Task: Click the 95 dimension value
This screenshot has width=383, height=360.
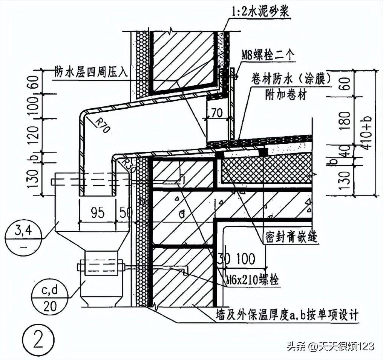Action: [x=98, y=212]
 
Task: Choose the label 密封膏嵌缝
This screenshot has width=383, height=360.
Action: [x=288, y=238]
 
